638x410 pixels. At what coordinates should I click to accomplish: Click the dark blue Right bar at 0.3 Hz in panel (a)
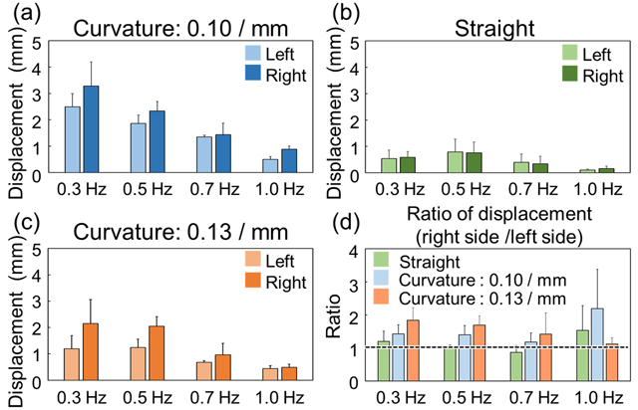(92, 130)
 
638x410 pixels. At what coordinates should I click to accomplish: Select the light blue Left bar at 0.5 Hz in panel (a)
(139, 148)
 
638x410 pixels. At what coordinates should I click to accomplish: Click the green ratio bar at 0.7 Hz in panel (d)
(514, 365)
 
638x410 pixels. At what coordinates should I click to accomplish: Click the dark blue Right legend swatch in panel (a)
(252, 73)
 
